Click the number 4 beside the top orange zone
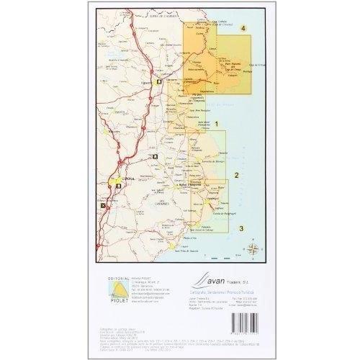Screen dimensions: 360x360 click(x=243, y=28)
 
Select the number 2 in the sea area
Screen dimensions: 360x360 click(x=245, y=174)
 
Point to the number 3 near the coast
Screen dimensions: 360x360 click(x=242, y=228)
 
